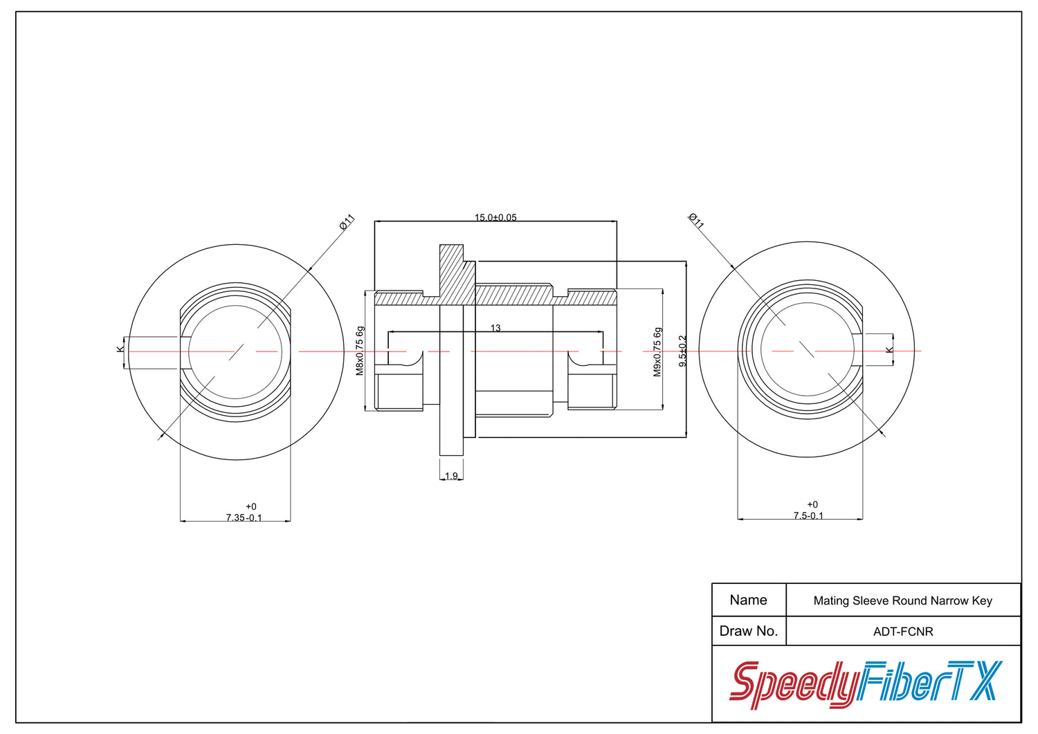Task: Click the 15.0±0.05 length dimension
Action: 495,217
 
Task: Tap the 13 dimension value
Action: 495,328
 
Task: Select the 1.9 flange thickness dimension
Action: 451,476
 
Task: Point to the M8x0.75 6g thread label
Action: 360,351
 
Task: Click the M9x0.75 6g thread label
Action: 657,352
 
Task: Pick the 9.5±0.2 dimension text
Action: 682,351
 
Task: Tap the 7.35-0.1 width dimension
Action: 244,513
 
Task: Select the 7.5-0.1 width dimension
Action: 809,510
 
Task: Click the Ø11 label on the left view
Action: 347,222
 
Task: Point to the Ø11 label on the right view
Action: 696,221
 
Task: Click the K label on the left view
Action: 120,349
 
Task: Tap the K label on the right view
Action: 889,350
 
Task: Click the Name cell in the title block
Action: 748,600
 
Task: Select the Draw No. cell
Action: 748,631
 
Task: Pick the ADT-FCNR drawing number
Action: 903,632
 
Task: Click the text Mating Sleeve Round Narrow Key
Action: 902,601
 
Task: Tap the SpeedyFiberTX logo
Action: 866,684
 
